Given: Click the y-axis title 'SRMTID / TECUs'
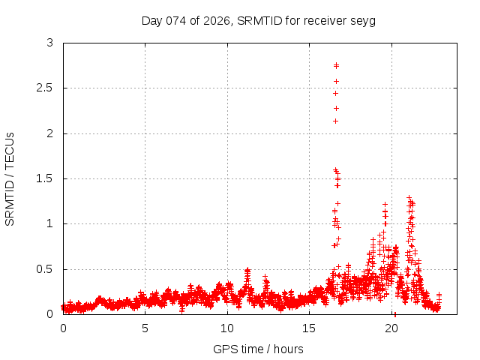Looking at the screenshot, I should pos(10,178).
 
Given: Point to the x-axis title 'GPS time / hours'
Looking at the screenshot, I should pos(258,349).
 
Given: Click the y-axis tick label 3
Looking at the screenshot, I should pos(50,43).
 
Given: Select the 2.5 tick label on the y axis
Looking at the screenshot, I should pos(46,88).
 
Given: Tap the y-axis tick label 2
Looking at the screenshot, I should pos(50,133).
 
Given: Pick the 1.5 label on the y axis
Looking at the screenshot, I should pos(46,178).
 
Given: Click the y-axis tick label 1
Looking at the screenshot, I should pos(50,223).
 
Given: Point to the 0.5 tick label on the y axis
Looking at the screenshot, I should pos(46,269).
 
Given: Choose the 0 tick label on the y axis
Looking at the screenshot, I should pos(50,314).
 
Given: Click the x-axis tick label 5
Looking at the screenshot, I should pos(145,328).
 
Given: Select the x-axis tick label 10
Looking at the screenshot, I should pos(227,328).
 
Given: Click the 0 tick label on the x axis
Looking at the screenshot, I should pos(63,328).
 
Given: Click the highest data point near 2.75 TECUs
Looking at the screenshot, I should pos(336,65).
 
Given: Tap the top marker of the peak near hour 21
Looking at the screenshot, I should pos(409,198).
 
